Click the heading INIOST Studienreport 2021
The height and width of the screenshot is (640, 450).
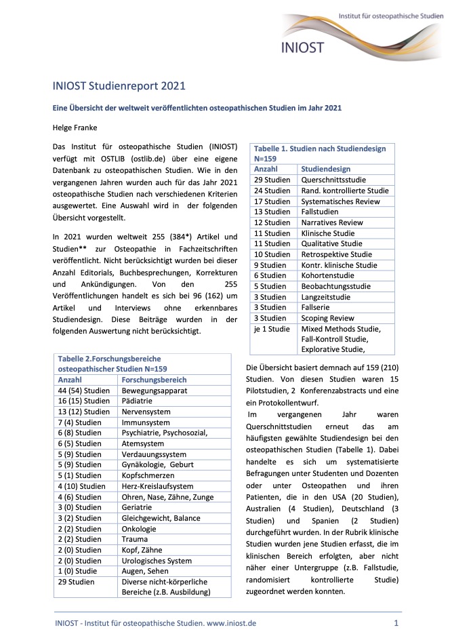119,86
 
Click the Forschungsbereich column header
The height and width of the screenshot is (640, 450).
154,380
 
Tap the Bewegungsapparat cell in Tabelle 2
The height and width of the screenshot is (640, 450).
154,391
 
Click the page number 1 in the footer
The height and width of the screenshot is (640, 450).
395,622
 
